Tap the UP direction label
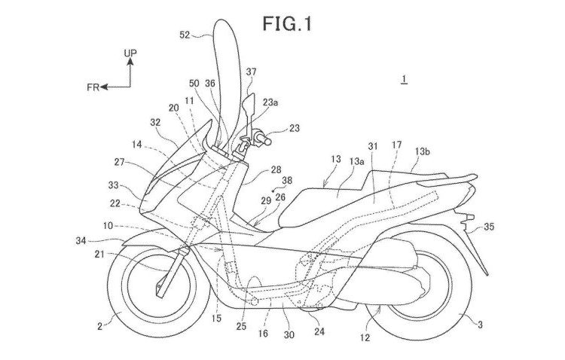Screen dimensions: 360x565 pos(130,55)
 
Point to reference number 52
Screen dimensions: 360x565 pos(185,34)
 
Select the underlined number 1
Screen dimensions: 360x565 pos(405,78)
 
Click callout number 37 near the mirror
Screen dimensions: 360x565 pos(251,72)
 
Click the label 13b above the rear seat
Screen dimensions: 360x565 pos(423,151)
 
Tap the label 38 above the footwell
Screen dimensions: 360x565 pos(288,182)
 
